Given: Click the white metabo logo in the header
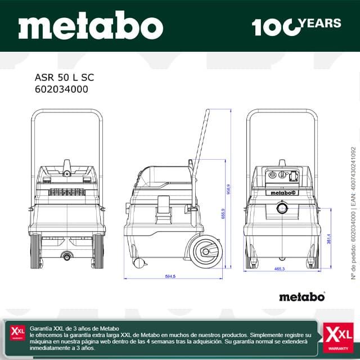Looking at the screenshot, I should pyautogui.click(x=91, y=26).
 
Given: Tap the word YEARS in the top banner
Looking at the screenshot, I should pyautogui.click(x=321, y=23).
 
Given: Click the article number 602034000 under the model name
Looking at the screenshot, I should pyautogui.click(x=61, y=89).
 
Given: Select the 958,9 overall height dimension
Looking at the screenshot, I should pyautogui.click(x=228, y=188).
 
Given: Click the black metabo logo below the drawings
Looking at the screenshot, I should pyautogui.click(x=302, y=297).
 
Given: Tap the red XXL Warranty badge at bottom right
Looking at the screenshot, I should pyautogui.click(x=339, y=336).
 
